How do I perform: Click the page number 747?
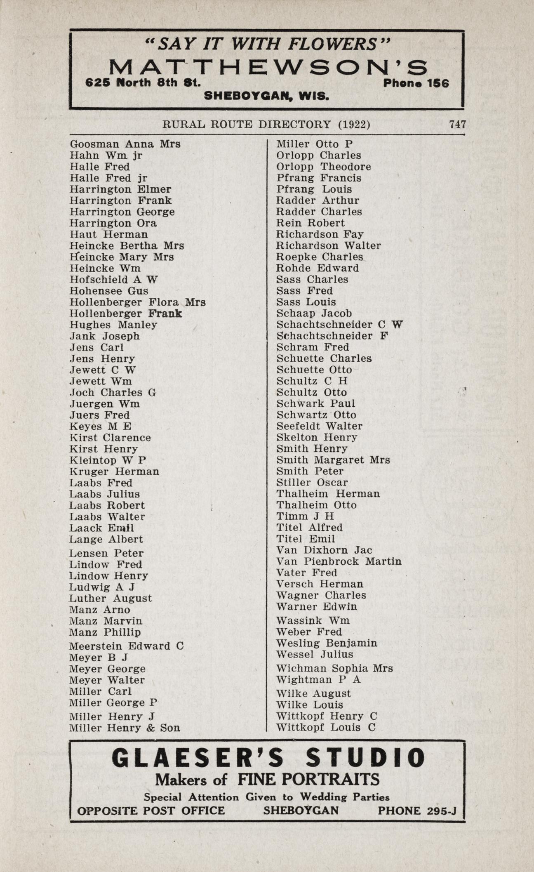point(457,125)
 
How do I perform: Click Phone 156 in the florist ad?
point(416,83)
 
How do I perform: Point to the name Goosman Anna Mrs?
point(125,144)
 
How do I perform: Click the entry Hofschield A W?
point(114,280)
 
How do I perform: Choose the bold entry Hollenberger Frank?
point(126,313)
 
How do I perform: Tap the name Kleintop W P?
point(108,460)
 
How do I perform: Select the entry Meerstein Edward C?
point(126,646)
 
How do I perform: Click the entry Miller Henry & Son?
point(125,728)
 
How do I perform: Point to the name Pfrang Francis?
point(319,178)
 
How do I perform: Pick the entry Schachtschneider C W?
point(339,325)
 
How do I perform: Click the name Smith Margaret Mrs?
point(333,460)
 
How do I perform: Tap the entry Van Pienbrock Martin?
point(339,561)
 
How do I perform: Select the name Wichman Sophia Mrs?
point(334,668)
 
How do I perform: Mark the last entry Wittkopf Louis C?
point(326,728)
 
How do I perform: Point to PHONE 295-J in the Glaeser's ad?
point(417,811)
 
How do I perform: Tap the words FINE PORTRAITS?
point(308,780)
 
